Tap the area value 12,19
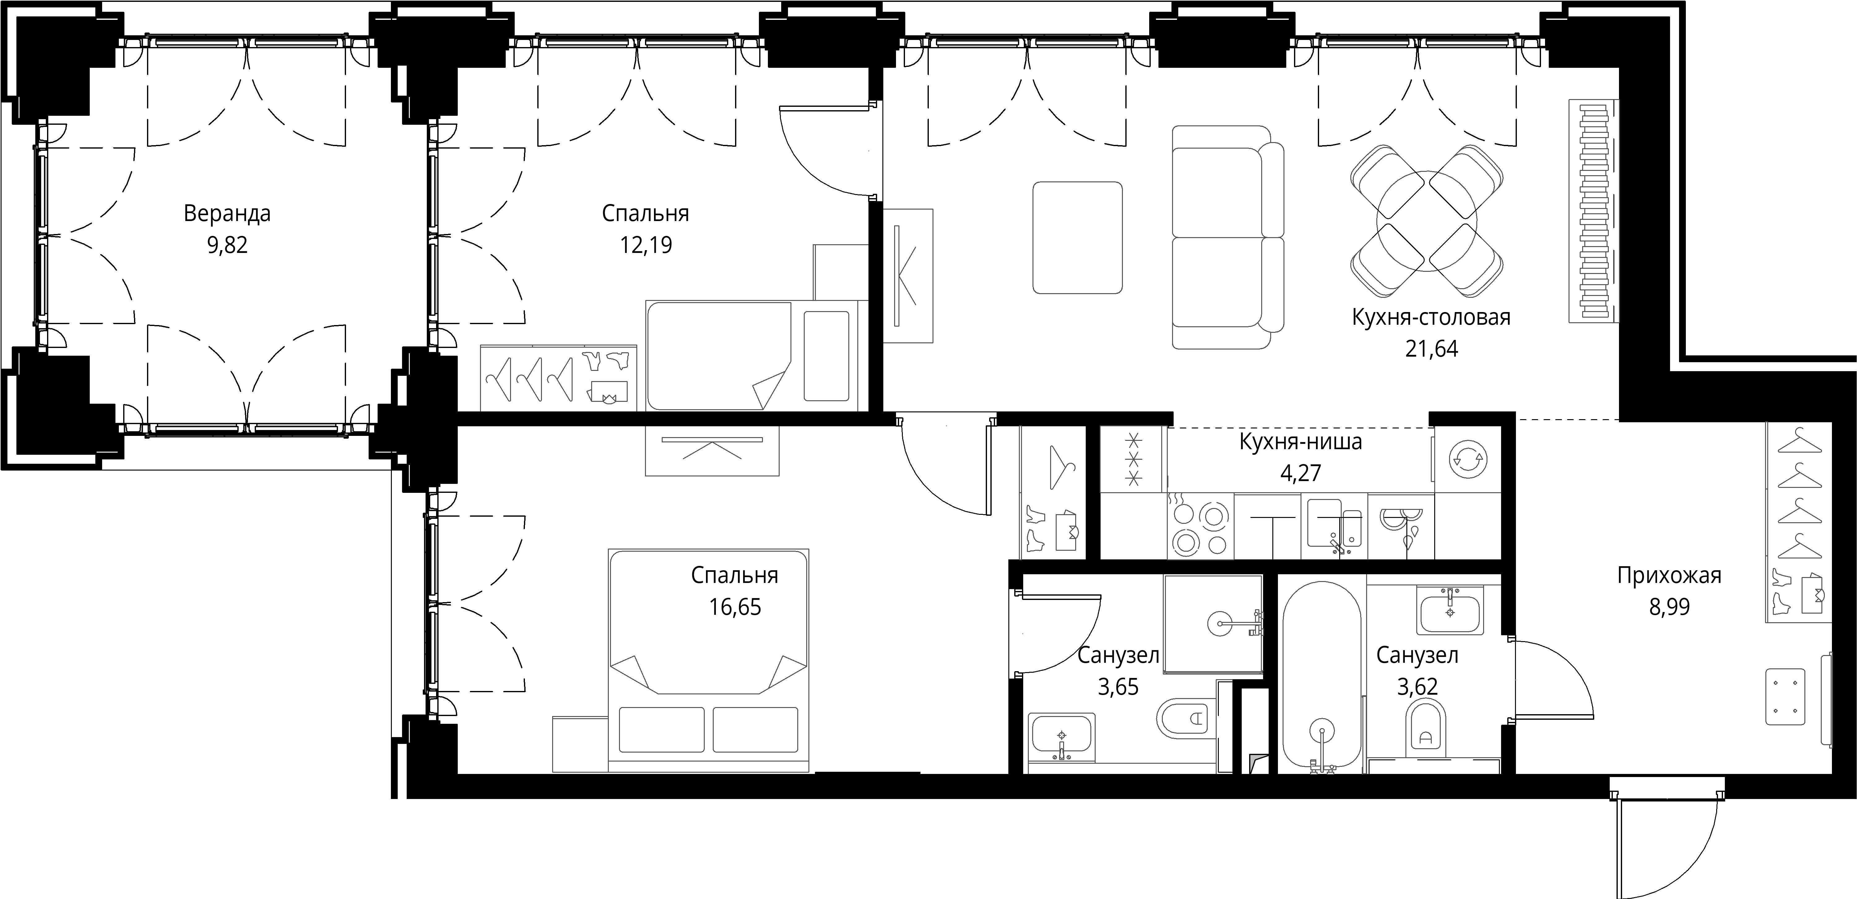[646, 245]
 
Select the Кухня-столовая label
[1431, 317]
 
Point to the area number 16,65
[734, 607]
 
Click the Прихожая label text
[1669, 576]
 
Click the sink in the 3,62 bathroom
[1450, 610]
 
